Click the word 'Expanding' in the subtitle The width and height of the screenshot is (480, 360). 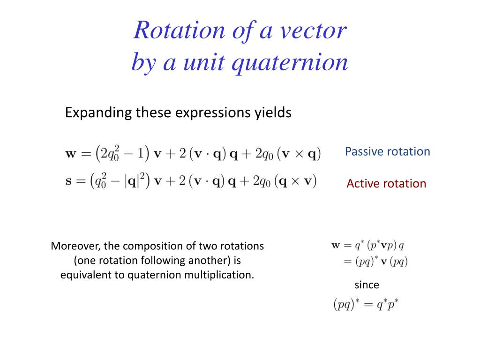click(x=98, y=113)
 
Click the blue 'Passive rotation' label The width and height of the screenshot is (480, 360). click(x=387, y=151)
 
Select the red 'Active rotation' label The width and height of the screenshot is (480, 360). click(x=386, y=183)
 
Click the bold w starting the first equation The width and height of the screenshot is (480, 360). click(x=71, y=154)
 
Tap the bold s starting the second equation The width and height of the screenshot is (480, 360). click(x=68, y=180)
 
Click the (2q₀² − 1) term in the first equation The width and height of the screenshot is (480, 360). click(x=121, y=154)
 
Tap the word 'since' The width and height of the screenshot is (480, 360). click(x=366, y=285)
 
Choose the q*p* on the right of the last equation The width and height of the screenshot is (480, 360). click(x=386, y=305)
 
